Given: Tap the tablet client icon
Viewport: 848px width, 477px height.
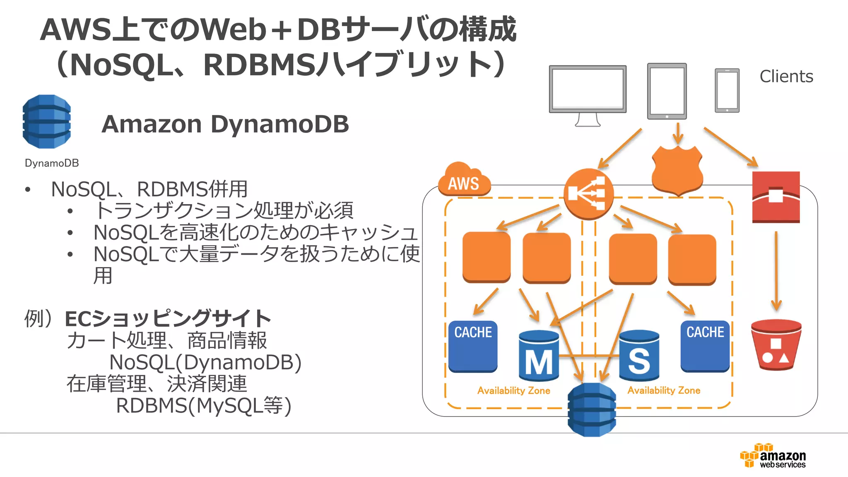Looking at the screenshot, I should click(x=667, y=91).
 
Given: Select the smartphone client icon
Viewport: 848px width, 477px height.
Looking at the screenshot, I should click(x=727, y=90).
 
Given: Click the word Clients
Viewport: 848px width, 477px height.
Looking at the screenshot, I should click(x=786, y=77).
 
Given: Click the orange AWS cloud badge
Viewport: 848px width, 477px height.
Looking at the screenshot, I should click(x=464, y=181).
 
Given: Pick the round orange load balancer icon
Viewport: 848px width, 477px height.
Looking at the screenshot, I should click(x=588, y=194).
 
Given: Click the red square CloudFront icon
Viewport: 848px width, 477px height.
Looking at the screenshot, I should click(x=776, y=197).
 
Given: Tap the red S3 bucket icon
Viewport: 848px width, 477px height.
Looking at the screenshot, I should click(x=776, y=344).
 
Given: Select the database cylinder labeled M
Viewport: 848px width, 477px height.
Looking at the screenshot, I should click(x=539, y=356).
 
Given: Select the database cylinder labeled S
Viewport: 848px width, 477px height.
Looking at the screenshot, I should click(x=639, y=356).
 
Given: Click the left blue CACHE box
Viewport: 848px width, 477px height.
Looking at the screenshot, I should click(x=473, y=346).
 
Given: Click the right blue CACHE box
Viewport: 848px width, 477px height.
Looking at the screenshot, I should click(x=705, y=346).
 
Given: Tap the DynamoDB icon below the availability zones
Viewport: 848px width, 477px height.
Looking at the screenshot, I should click(x=592, y=410).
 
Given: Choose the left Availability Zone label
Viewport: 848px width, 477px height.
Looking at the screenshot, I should click(x=513, y=390).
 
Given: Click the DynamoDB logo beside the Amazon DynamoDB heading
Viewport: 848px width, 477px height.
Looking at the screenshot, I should click(x=47, y=122).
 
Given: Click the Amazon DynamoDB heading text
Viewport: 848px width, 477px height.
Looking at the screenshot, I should click(x=225, y=124).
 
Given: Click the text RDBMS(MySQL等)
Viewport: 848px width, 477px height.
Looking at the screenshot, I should click(x=204, y=405).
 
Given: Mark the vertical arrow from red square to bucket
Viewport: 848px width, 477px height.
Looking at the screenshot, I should click(x=776, y=271).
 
